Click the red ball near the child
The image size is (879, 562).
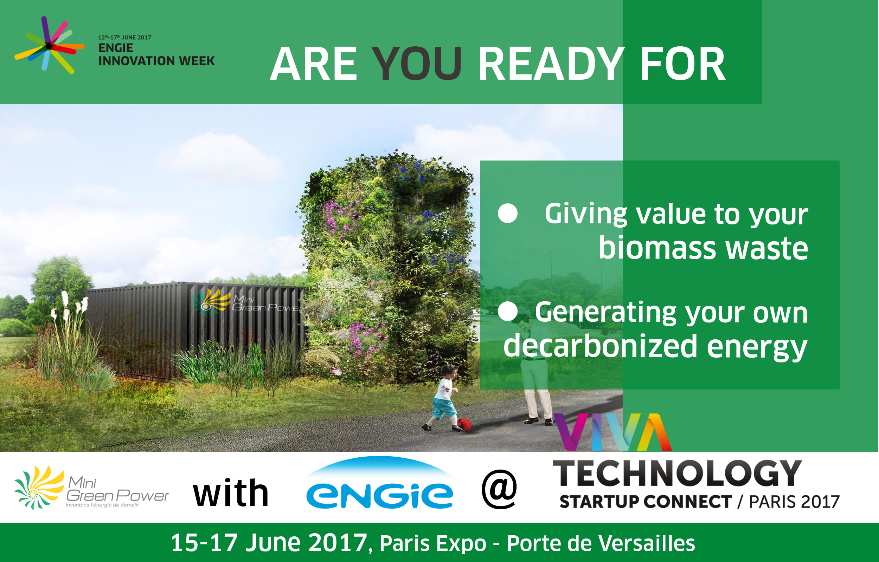[464, 425]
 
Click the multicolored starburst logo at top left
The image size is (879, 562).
[49, 45]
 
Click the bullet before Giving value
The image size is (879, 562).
[508, 213]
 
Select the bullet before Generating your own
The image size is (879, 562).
[508, 311]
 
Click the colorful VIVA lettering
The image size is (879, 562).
[612, 432]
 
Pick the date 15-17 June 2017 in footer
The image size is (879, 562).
[269, 543]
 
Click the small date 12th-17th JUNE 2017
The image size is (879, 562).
[124, 37]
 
